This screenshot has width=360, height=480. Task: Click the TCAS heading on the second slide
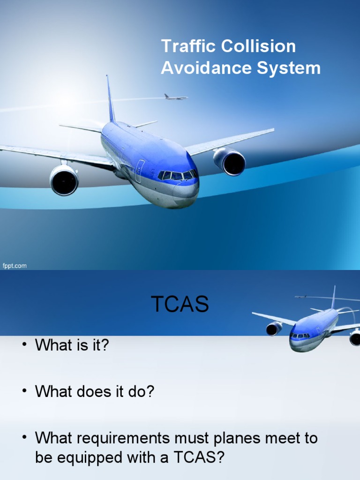pyautogui.click(x=180, y=305)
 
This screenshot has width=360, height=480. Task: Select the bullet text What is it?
pyautogui.click(x=72, y=346)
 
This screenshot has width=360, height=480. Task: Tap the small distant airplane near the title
pyautogui.click(x=175, y=97)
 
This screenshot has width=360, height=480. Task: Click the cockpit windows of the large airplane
pyautogui.click(x=177, y=175)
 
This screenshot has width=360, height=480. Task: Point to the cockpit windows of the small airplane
pyautogui.click(x=300, y=336)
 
